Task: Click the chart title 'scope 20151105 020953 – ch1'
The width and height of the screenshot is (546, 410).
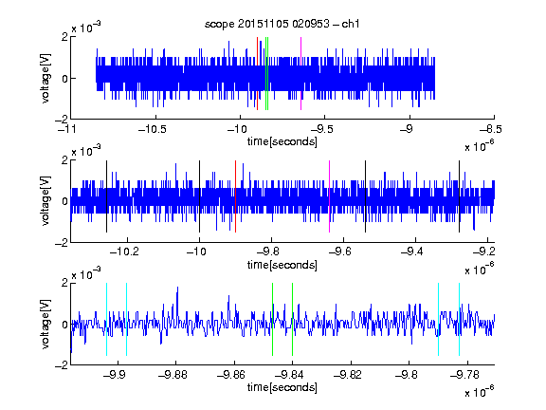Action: click(x=282, y=24)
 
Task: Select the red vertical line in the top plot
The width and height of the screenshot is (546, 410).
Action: click(x=257, y=74)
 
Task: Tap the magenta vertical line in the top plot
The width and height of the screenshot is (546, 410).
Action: click(x=300, y=74)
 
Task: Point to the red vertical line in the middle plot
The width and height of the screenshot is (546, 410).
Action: click(x=235, y=196)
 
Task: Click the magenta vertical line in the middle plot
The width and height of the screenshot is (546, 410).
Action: click(x=329, y=196)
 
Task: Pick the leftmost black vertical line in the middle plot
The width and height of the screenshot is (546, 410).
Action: click(x=106, y=196)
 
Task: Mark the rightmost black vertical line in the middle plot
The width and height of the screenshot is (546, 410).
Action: click(x=459, y=196)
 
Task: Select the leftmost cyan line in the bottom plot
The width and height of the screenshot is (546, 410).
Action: click(x=106, y=319)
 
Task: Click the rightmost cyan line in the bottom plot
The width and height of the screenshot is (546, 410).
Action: click(x=459, y=319)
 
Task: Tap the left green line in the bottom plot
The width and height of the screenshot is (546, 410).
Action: click(x=272, y=319)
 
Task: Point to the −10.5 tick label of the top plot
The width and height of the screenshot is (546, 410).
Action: click(x=153, y=130)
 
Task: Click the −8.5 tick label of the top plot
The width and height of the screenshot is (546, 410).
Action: click(x=490, y=130)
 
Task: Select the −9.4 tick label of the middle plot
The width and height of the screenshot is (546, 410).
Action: click(x=412, y=251)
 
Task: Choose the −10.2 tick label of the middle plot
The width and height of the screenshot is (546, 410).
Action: click(x=124, y=251)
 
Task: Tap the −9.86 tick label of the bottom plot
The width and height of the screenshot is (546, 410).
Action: click(x=231, y=375)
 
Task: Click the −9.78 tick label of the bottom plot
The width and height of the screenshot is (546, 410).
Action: click(x=464, y=375)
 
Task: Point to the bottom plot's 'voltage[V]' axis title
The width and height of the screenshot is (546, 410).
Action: click(x=45, y=324)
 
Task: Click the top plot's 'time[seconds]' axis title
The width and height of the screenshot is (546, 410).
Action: click(x=282, y=141)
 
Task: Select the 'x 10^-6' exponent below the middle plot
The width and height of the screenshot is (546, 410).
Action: click(x=480, y=270)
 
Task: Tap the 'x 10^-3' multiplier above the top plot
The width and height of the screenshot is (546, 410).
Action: click(x=86, y=27)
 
